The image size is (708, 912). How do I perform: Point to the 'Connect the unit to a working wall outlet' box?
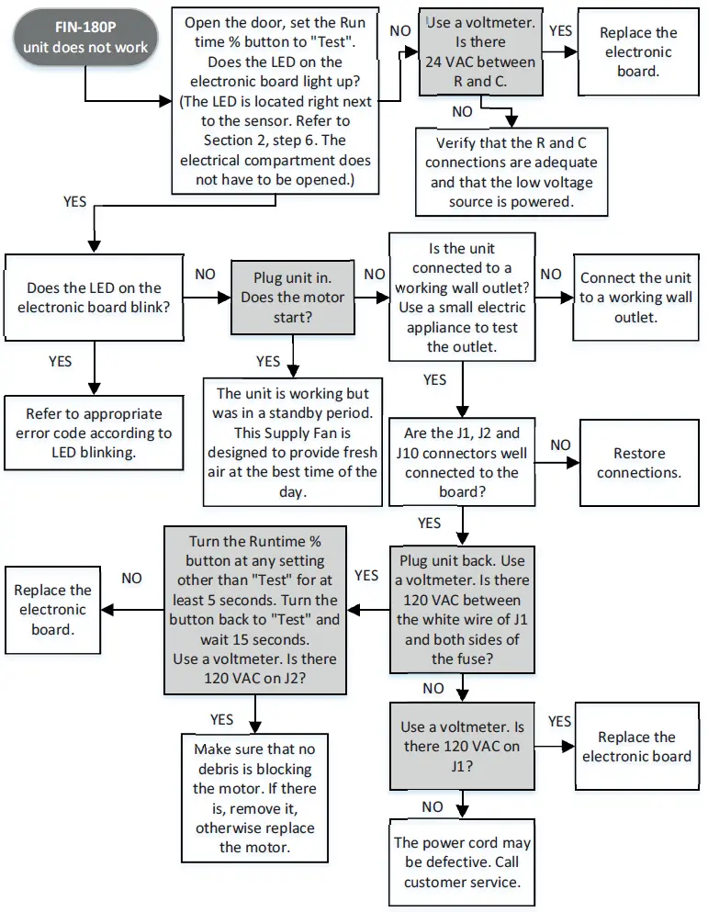[x=635, y=297]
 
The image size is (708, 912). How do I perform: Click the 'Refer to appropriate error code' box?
[x=94, y=423]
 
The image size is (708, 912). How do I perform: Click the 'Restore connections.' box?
[x=638, y=462]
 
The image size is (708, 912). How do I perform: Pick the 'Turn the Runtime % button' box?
[x=254, y=610]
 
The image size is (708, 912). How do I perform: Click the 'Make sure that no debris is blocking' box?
[x=254, y=797]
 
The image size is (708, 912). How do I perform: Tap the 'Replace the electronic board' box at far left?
[x=52, y=610]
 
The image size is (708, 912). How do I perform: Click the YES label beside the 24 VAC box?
[x=559, y=30]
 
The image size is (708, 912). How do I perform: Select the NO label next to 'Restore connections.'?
[x=559, y=445]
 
